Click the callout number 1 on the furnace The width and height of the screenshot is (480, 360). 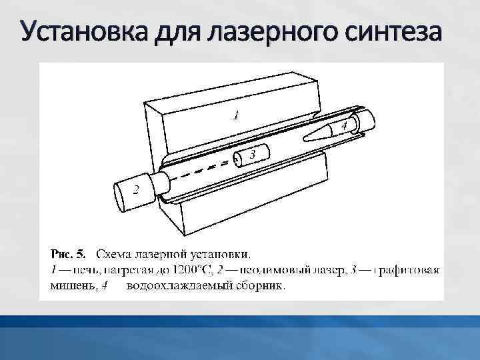pos(235,115)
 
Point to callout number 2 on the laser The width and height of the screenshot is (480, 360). pos(135,190)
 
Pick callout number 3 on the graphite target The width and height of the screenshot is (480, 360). pos(253,155)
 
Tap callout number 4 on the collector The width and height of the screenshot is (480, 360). pos(345,125)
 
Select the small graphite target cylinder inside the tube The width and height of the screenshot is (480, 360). pos(250,157)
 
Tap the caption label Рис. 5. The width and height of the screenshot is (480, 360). pos(69,253)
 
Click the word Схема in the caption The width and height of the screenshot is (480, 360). pos(113,253)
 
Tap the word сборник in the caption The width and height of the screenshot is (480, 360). pos(260,287)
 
